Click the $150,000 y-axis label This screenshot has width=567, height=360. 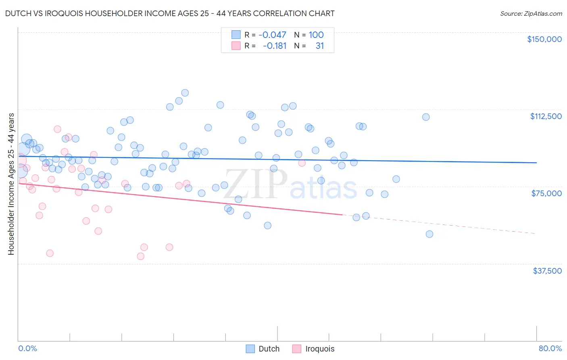coord(544,39)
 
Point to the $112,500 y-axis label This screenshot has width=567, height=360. coord(546,116)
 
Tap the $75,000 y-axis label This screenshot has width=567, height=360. coord(546,193)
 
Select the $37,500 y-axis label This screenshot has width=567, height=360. coord(547,271)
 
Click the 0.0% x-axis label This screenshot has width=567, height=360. coord(27,348)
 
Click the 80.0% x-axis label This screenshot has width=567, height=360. coord(550,348)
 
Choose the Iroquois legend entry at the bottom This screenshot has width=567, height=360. coord(313,349)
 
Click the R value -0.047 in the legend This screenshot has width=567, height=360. coord(272,35)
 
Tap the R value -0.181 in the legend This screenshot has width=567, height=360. coord(274,46)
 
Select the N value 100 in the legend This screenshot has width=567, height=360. coord(316,35)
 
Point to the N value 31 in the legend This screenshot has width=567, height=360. coord(319,46)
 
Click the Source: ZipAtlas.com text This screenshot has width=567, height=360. coord(531,13)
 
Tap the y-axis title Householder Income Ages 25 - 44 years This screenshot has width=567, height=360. coord(11,184)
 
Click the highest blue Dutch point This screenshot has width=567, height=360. coord(185,93)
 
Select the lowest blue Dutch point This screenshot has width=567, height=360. coord(429,234)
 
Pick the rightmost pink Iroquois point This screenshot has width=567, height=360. coord(302,163)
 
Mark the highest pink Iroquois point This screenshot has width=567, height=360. coord(57,129)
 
